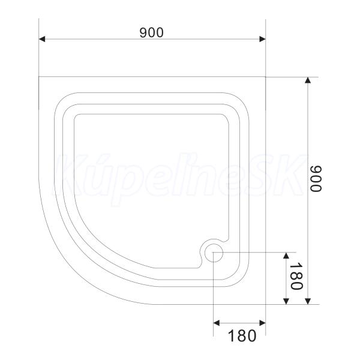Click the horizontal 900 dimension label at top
(x=152, y=32)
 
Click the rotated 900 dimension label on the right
(x=316, y=178)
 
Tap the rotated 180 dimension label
(x=296, y=276)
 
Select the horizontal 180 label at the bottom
(x=242, y=335)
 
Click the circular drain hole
(x=214, y=253)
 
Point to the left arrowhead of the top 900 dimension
(x=42, y=39)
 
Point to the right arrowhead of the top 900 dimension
(x=262, y=39)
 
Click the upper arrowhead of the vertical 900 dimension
(x=308, y=80)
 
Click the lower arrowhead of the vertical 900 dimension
(x=308, y=301)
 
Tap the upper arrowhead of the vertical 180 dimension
(x=286, y=256)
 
